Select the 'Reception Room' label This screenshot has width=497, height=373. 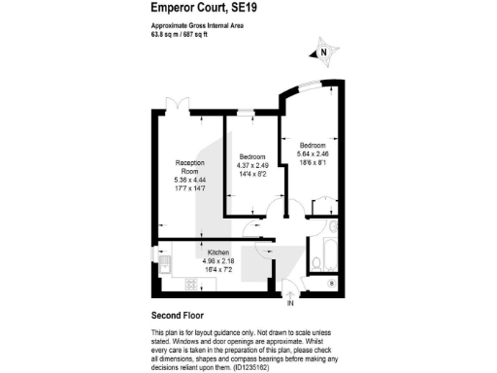click(x=188, y=166)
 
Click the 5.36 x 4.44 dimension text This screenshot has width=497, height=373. click(x=188, y=181)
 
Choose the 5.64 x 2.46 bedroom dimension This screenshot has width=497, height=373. click(x=312, y=153)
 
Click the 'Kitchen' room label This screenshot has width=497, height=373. click(x=218, y=252)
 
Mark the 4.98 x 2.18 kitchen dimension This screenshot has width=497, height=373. click(x=218, y=259)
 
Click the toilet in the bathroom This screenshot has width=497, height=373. click(x=316, y=263)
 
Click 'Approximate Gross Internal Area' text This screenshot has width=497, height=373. click(x=197, y=27)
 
